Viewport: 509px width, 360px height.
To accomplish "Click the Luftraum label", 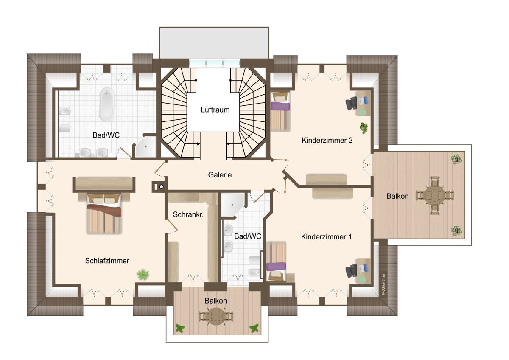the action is coord(215,110).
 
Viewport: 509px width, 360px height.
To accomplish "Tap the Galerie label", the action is coord(220,175).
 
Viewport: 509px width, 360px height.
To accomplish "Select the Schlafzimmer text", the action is coord(107,261).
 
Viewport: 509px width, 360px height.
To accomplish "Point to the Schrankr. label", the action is coord(188,214).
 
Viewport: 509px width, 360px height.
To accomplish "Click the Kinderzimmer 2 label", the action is coord(327,141).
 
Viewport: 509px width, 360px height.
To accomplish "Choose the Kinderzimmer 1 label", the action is coord(326,237).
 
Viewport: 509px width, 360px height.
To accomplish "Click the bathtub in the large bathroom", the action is coord(107,104).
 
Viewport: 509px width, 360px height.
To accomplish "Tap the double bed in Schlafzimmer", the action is coord(104,214).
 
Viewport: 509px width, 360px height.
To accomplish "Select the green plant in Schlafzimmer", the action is coord(143,275).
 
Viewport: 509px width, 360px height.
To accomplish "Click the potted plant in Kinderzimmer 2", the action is coord(364,128).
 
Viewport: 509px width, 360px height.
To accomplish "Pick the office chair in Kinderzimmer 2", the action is coord(351,103).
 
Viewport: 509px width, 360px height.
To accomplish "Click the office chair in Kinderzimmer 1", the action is coord(351,270).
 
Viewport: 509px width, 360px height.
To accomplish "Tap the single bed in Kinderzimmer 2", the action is coord(280,111).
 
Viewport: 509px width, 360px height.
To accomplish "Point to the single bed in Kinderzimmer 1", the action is coord(276,262).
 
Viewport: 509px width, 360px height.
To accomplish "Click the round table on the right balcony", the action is coord(434,195).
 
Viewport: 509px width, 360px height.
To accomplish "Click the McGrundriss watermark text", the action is coord(383,284).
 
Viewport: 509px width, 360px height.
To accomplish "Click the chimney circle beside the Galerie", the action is coord(161,187).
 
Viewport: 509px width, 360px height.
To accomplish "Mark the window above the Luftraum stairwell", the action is coord(215,63).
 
